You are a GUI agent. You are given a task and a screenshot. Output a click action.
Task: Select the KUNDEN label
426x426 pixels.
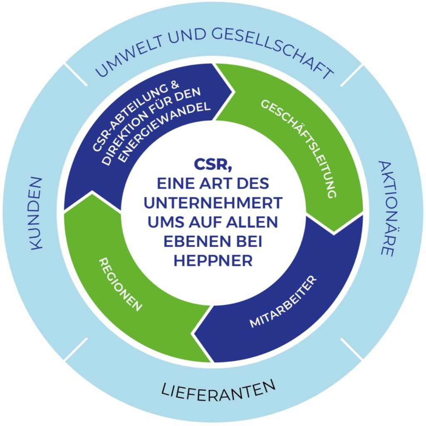pyautogui.click(x=36, y=213)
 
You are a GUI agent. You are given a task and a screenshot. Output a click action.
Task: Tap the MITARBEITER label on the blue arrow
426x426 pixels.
pyautogui.click(x=283, y=302)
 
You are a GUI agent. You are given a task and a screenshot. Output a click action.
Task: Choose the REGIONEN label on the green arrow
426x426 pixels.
pyautogui.click(x=120, y=284)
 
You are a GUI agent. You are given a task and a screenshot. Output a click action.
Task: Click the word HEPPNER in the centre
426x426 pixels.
pyautogui.click(x=213, y=260)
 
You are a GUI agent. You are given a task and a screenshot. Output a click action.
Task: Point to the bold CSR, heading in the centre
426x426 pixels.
pyautogui.click(x=213, y=165)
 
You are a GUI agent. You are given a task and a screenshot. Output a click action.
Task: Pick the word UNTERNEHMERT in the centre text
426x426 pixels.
pyautogui.click(x=213, y=203)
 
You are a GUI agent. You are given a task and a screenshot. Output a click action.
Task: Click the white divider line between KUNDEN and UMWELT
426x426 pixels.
pyautogui.click(x=76, y=75)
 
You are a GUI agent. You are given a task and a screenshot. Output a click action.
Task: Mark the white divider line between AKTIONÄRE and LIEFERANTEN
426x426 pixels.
pyautogui.click(x=351, y=349)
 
